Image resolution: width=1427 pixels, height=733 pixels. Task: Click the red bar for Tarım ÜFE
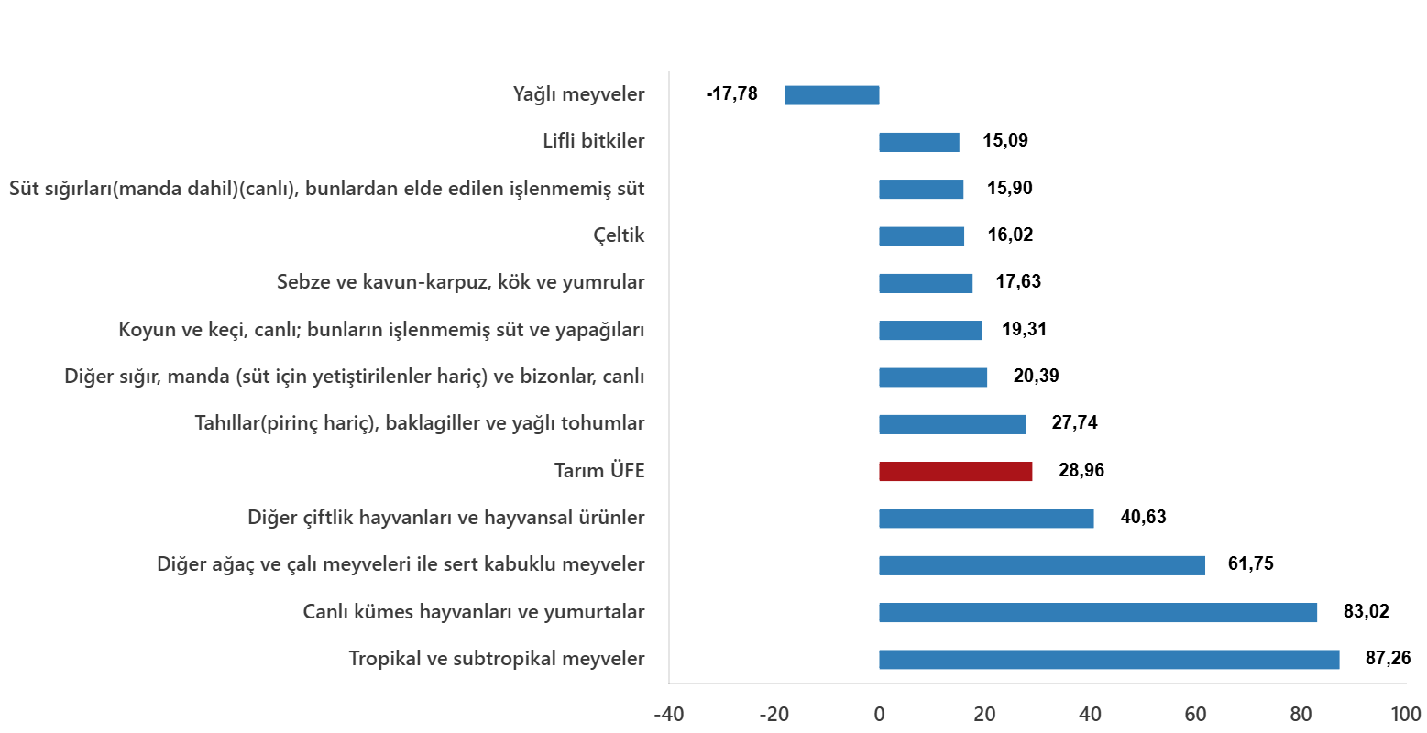pyautogui.click(x=955, y=471)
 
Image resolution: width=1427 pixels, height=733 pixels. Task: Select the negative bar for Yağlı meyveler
pyautogui.click(x=831, y=95)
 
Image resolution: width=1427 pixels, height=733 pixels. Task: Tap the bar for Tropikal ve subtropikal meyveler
pyautogui.click(x=1109, y=660)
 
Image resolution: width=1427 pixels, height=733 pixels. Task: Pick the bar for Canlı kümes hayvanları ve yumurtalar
pyautogui.click(x=1098, y=613)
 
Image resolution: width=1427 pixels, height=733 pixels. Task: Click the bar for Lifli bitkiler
pyautogui.click(x=919, y=142)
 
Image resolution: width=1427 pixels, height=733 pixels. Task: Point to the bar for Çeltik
pyautogui.click(x=922, y=236)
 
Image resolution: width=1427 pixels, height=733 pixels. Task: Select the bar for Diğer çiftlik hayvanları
pyautogui.click(x=986, y=519)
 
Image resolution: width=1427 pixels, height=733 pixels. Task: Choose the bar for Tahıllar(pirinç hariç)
pyautogui.click(x=952, y=424)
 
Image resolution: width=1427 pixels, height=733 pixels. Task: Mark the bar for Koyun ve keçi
pyautogui.click(x=930, y=331)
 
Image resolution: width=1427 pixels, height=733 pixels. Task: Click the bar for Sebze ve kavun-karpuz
pyautogui.click(x=926, y=283)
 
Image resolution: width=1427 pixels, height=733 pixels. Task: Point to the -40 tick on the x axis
pyautogui.click(x=668, y=715)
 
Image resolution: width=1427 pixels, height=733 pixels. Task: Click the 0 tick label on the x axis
pyautogui.click(x=879, y=715)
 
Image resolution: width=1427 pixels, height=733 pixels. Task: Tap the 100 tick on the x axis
pyautogui.click(x=1405, y=715)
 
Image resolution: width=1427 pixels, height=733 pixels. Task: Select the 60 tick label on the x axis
pyautogui.click(x=1195, y=715)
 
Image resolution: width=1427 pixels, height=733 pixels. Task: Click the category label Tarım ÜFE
pyautogui.click(x=599, y=471)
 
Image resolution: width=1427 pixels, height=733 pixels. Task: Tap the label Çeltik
pyautogui.click(x=620, y=236)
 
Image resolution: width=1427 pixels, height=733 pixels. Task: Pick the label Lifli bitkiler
pyautogui.click(x=594, y=142)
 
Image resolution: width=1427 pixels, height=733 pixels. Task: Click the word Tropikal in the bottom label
pyautogui.click(x=382, y=660)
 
